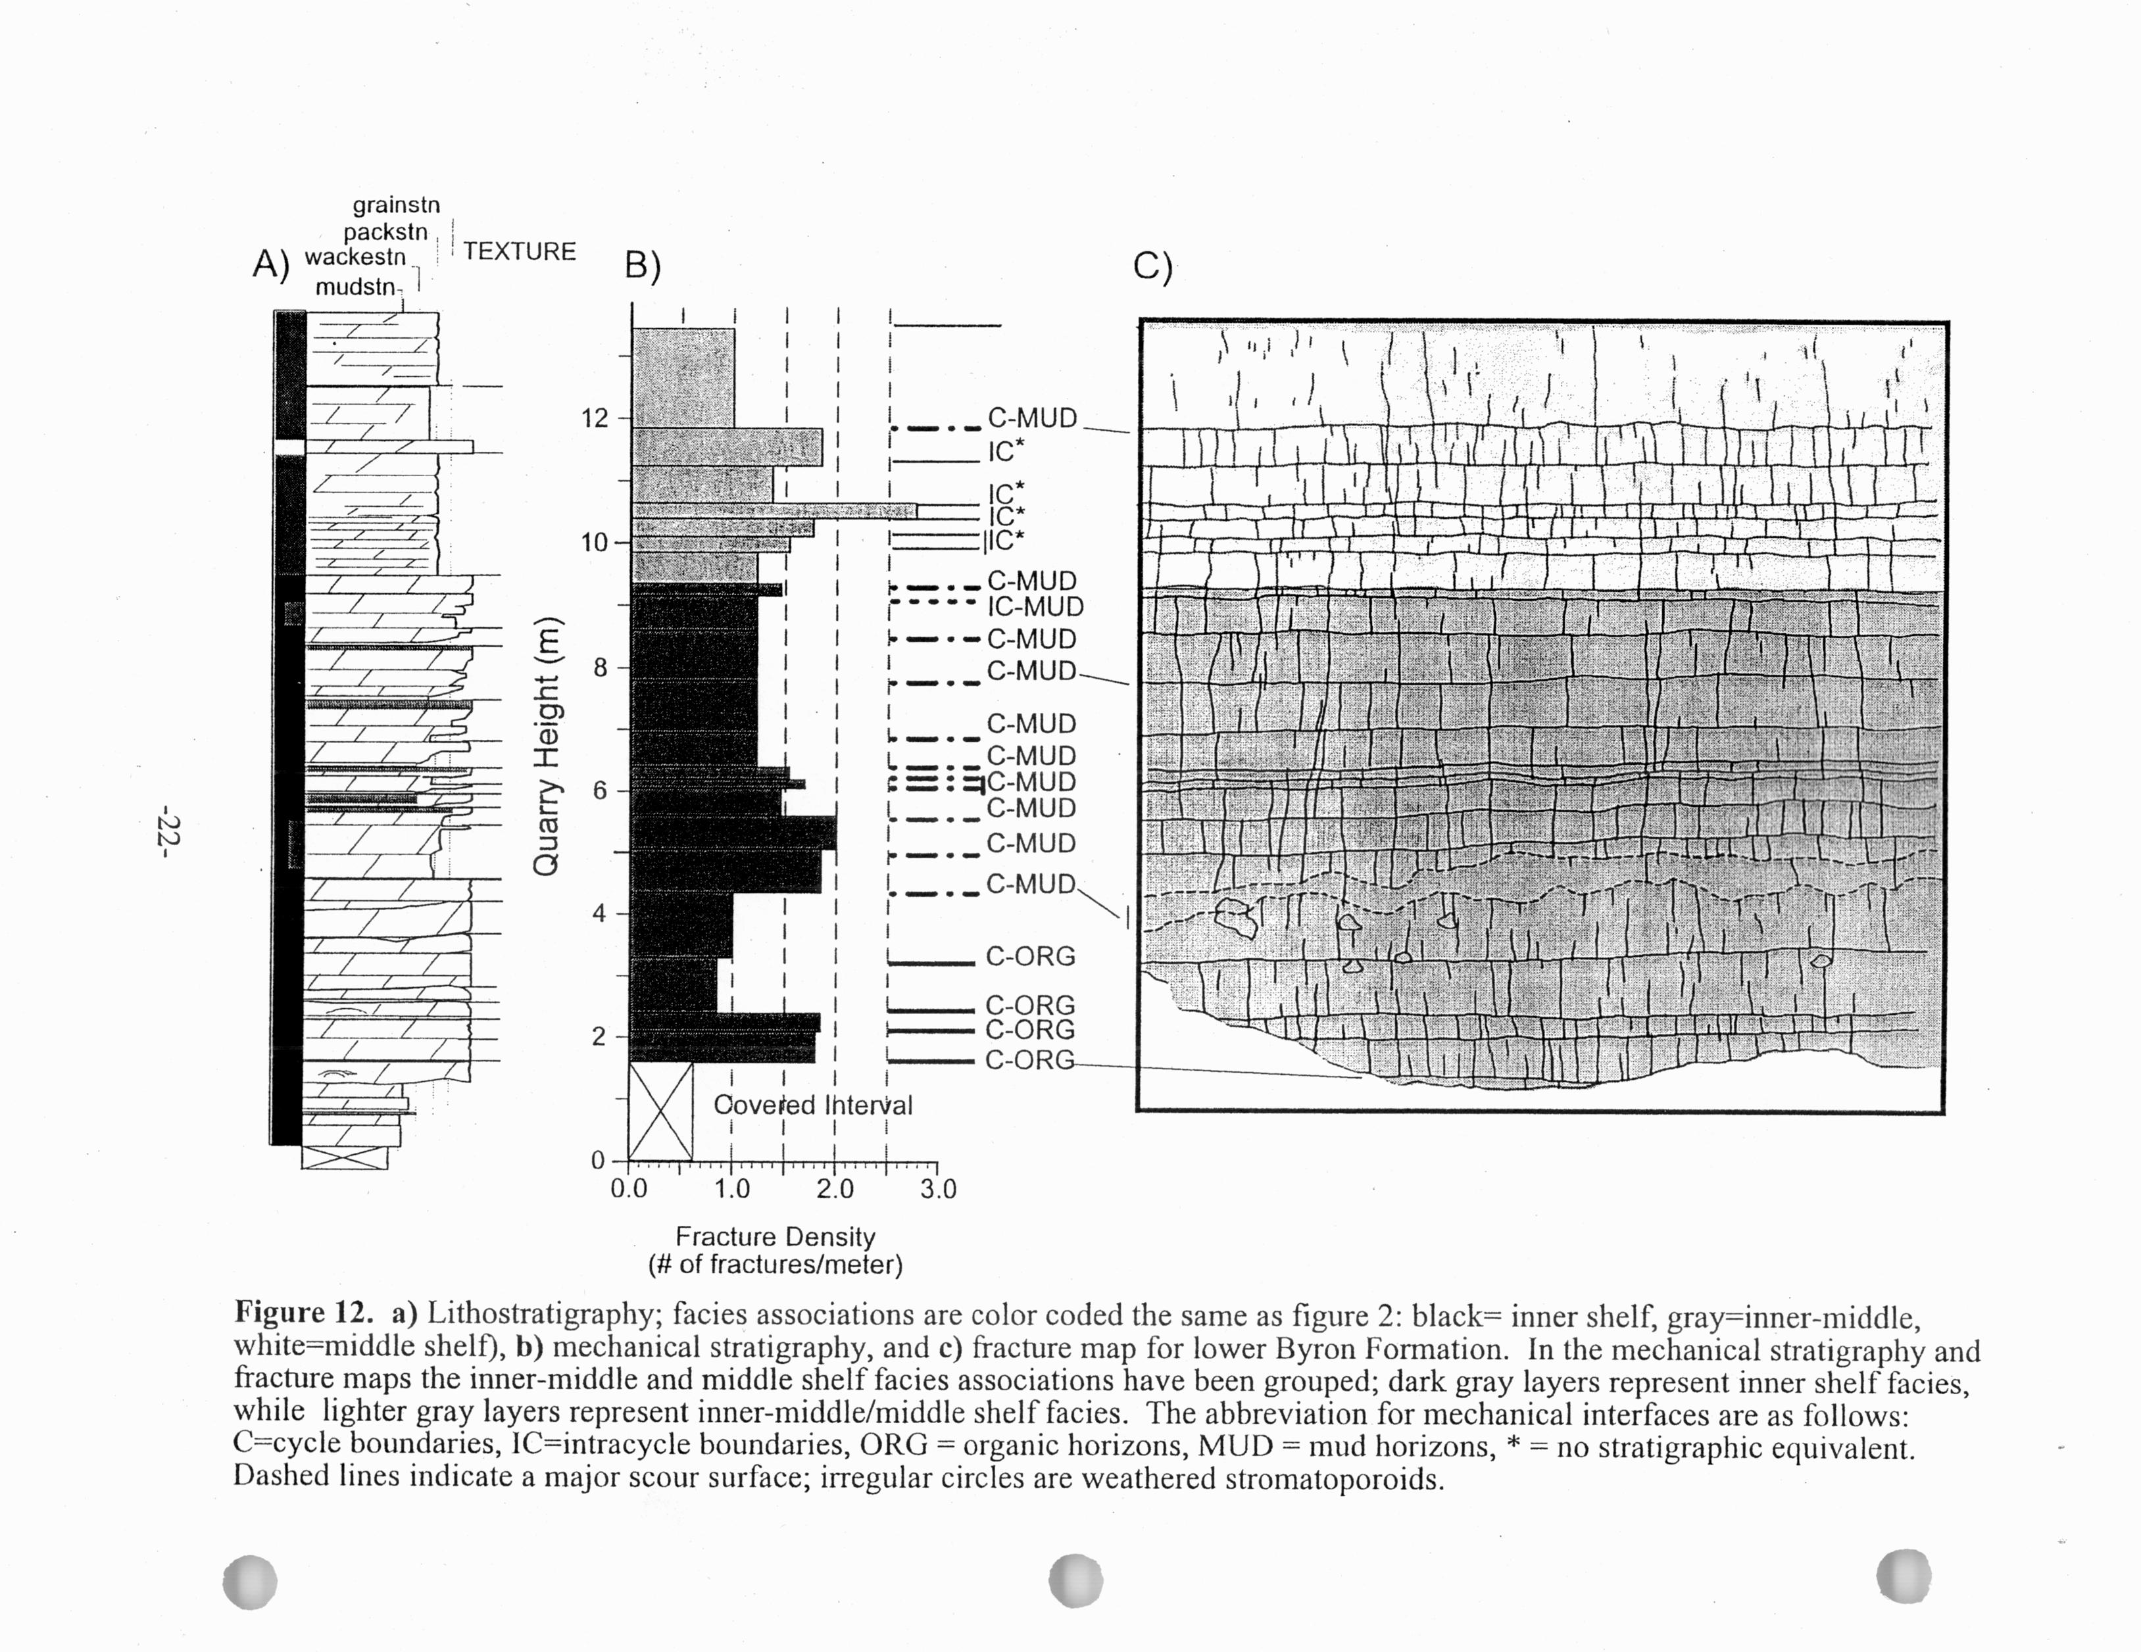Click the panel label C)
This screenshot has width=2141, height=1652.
1152,266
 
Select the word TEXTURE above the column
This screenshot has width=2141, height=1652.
520,252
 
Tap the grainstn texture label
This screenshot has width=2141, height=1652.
396,206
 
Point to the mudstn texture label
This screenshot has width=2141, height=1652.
356,287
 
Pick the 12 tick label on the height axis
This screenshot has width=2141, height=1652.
594,419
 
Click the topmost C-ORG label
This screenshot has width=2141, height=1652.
1030,957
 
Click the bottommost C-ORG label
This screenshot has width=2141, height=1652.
1029,1061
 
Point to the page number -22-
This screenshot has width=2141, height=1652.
168,833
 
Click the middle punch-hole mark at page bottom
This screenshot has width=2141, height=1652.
1075,1580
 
